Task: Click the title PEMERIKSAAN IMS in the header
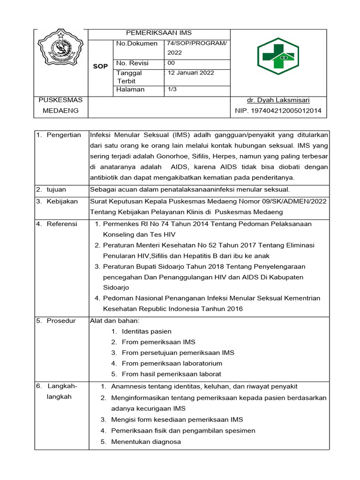click(159, 33)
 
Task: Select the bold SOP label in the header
click(100, 67)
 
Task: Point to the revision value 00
click(171, 63)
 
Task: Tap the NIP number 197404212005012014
click(278, 111)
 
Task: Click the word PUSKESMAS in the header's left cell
click(60, 100)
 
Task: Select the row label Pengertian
click(64, 135)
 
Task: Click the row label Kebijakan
click(62, 201)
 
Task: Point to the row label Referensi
click(62, 224)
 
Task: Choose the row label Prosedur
click(61, 321)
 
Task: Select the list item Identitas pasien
click(146, 331)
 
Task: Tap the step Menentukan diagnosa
click(146, 442)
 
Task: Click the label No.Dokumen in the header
click(137, 44)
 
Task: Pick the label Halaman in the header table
click(131, 90)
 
